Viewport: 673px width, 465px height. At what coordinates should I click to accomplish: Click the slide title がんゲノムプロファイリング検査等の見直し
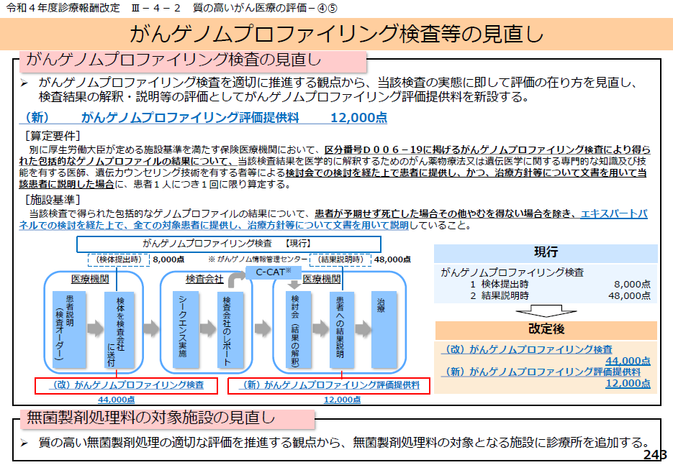336,34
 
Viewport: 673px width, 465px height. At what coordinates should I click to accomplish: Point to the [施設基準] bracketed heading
53,199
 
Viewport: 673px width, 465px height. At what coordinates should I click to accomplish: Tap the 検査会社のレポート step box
227,328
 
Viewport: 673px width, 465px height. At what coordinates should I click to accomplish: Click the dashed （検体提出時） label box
118,260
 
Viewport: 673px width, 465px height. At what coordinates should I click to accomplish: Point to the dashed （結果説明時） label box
339,260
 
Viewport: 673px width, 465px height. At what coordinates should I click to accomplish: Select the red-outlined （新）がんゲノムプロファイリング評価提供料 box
329,385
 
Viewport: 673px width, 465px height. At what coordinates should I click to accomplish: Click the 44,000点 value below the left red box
117,399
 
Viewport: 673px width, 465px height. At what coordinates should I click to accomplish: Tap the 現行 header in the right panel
546,252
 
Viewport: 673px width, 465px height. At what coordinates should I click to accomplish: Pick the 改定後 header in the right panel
546,330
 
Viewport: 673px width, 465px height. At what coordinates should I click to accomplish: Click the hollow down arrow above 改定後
546,311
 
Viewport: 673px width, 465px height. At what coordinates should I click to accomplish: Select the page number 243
655,456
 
